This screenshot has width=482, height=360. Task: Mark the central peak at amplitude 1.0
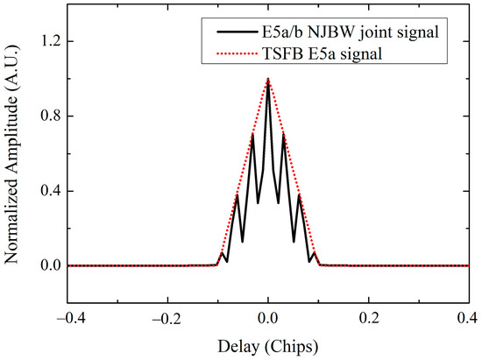(268, 80)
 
